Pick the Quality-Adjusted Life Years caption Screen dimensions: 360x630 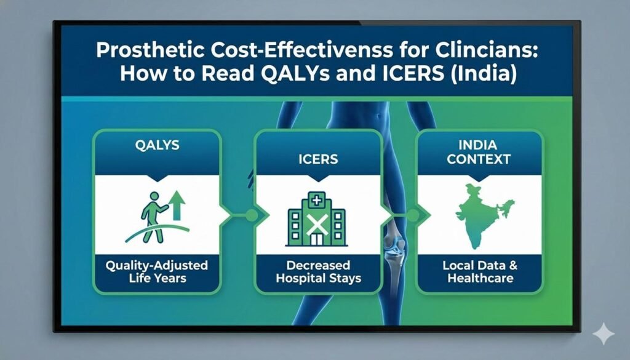coord(156,271)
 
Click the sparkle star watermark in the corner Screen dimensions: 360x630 coord(603,334)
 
